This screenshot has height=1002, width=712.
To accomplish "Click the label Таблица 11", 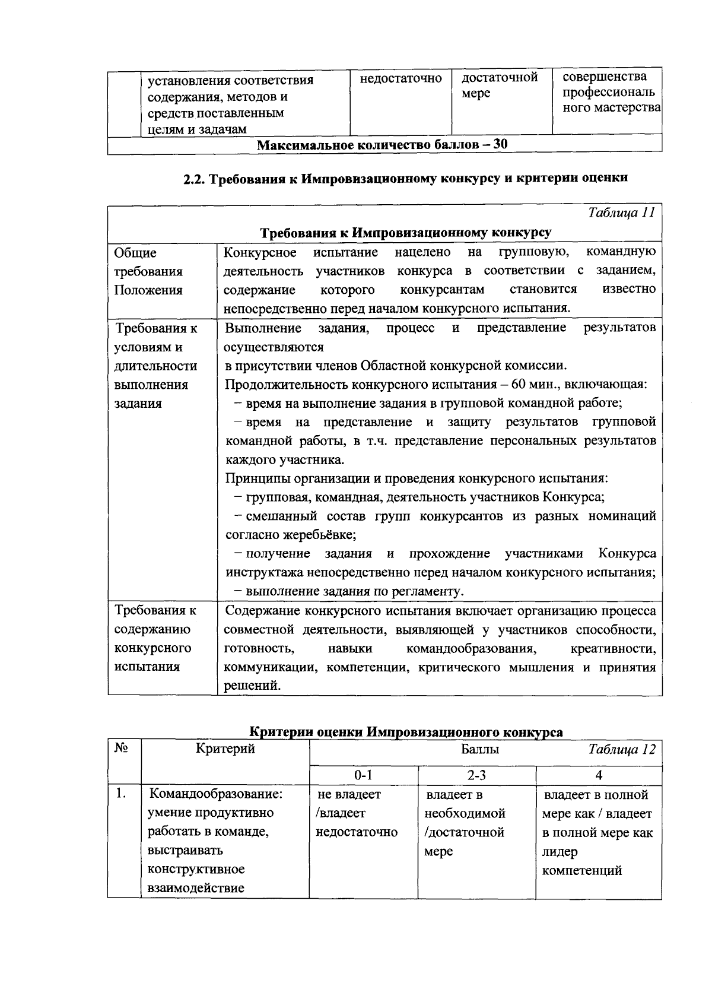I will point(621,213).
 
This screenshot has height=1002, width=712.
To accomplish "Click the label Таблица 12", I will point(622,750).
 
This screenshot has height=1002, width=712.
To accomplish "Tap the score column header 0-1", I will point(363,775).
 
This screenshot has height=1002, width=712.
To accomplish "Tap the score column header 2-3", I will point(476,775).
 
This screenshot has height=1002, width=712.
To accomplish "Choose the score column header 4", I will point(599,775).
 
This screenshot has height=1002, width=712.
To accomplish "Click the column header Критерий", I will point(225,749).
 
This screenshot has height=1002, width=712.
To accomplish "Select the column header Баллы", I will point(480,750).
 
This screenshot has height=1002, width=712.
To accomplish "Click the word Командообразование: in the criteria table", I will point(215,794).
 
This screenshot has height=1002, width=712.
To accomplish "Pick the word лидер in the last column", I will point(559,852).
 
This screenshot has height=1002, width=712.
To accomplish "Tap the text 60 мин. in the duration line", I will point(536,384).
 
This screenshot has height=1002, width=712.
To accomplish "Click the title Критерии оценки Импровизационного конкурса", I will point(405,732).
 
